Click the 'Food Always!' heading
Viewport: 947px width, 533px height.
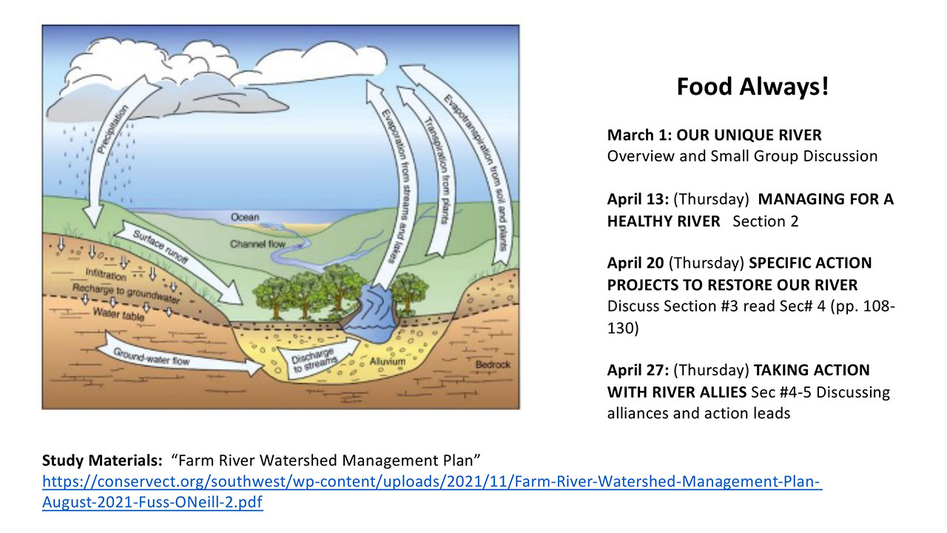click(752, 87)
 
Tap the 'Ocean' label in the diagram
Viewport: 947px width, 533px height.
click(245, 217)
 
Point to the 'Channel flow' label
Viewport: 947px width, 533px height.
click(257, 244)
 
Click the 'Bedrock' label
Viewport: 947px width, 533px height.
click(493, 365)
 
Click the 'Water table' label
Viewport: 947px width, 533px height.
click(118, 314)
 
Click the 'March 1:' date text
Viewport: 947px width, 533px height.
click(639, 135)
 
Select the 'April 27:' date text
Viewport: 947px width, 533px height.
click(638, 370)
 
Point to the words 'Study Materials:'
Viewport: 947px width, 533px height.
click(102, 460)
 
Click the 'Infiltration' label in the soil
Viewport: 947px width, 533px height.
click(106, 274)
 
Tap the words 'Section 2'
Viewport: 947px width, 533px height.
click(766, 221)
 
